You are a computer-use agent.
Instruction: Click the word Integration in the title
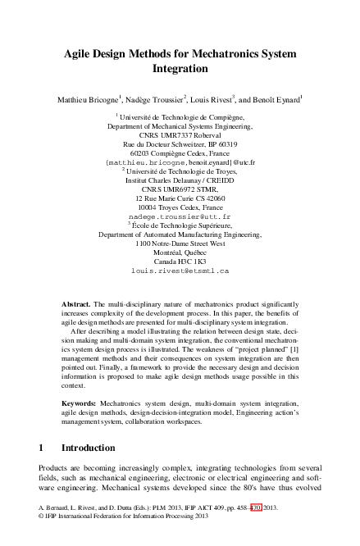180,69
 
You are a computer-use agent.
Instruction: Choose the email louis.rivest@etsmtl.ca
180,270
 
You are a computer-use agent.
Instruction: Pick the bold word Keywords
80,404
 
